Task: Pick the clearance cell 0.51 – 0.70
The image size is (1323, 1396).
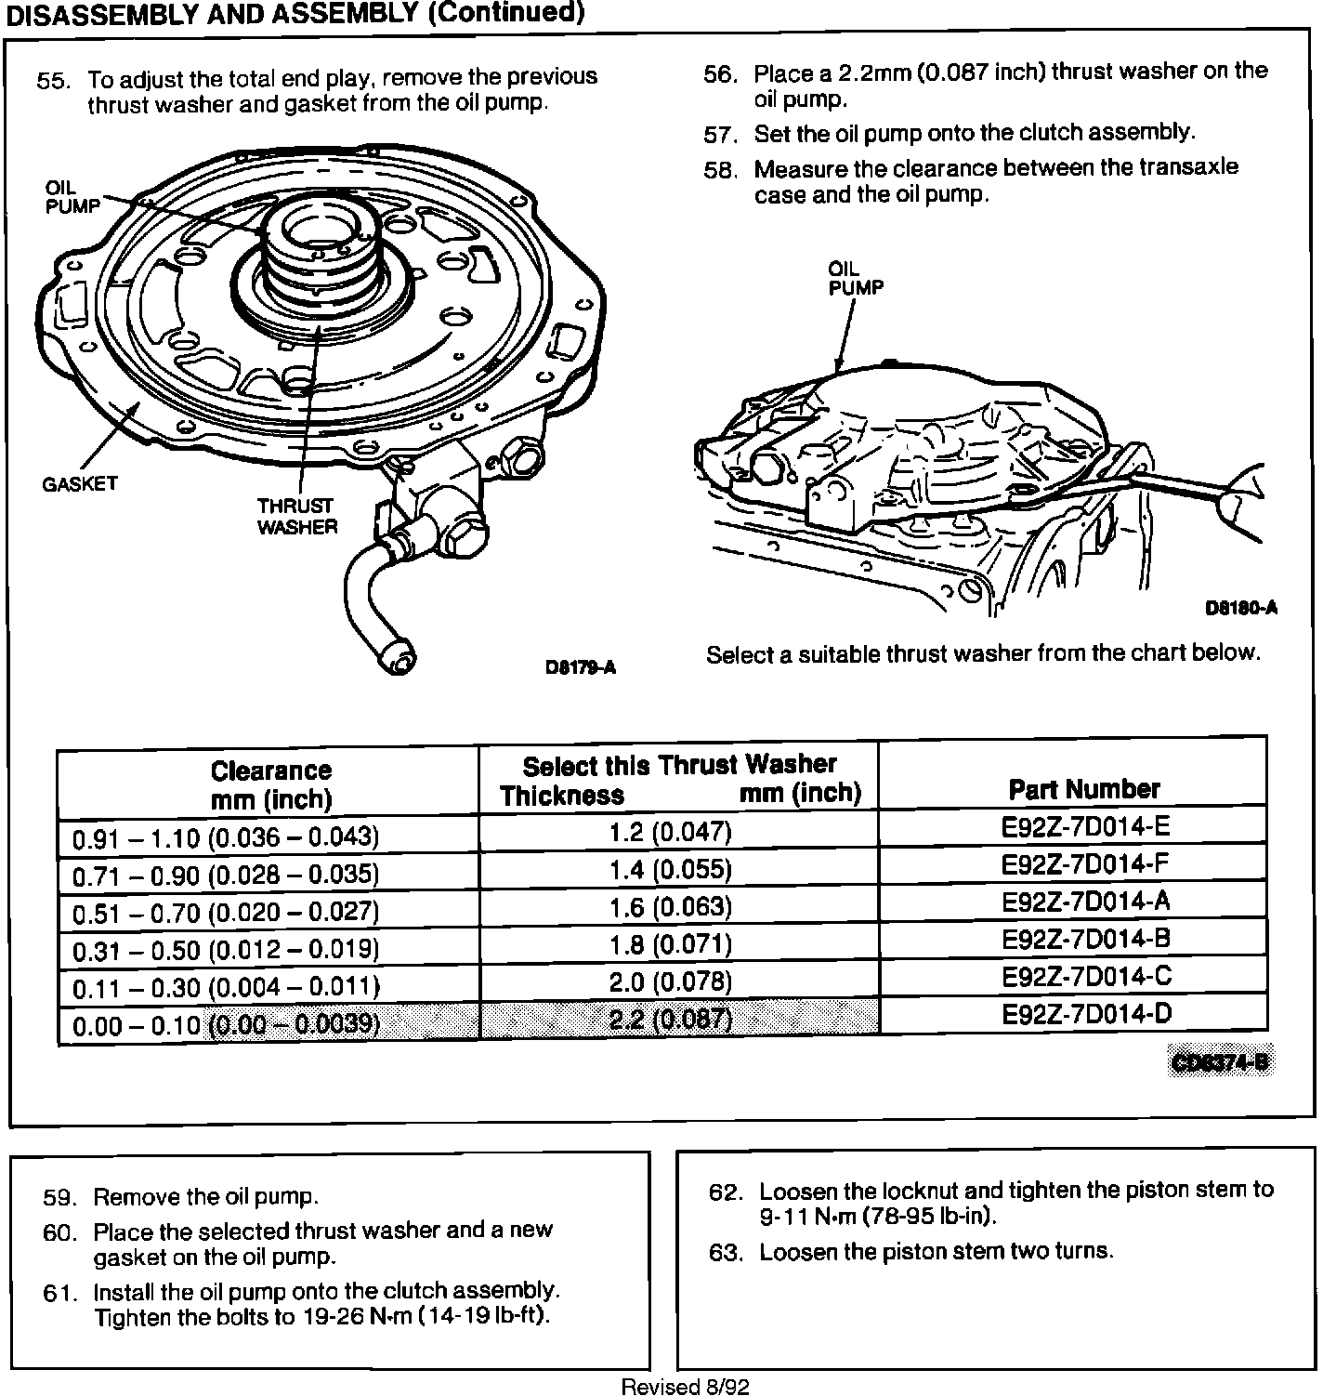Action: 226,912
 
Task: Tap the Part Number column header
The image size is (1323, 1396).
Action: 1083,789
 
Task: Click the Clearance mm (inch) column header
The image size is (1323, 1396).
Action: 270,784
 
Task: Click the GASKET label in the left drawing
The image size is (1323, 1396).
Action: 80,484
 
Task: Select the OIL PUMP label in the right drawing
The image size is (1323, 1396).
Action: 855,278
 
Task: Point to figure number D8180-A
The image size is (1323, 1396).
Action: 1240,608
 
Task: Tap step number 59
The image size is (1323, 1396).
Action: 60,1198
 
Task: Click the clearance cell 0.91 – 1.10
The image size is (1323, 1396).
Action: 226,837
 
